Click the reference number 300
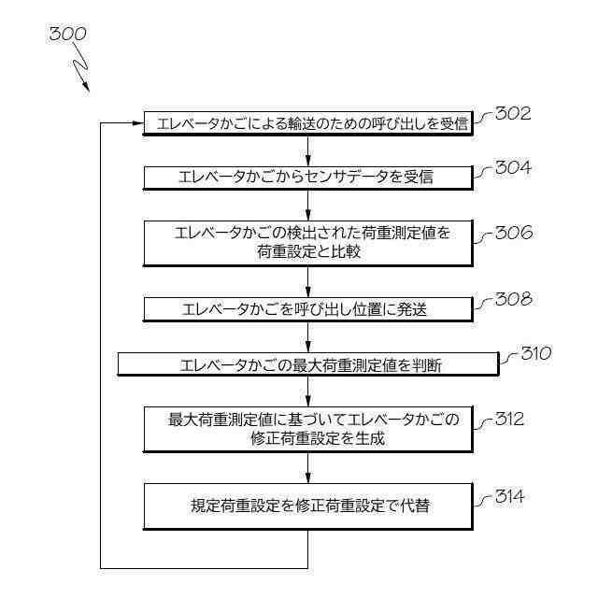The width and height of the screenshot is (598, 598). click(68, 34)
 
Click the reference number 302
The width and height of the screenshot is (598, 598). click(513, 115)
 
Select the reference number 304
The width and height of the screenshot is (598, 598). click(513, 168)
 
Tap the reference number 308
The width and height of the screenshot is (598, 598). click(513, 299)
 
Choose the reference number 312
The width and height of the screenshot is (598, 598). click(513, 419)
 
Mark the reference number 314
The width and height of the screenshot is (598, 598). click(513, 496)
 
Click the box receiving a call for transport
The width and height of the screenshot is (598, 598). click(308, 123)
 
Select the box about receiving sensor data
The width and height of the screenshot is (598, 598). click(308, 177)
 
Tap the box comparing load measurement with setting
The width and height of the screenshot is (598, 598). click(308, 243)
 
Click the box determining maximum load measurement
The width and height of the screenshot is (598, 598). click(308, 364)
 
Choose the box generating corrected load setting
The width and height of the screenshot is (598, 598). click(308, 429)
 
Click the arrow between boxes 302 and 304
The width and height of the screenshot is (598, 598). click(308, 150)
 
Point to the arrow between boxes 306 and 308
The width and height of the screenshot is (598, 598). click(308, 283)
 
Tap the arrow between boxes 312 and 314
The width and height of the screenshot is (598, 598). click(308, 467)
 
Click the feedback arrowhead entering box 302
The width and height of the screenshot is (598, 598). click(136, 123)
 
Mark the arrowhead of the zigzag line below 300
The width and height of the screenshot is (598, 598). click(86, 88)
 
